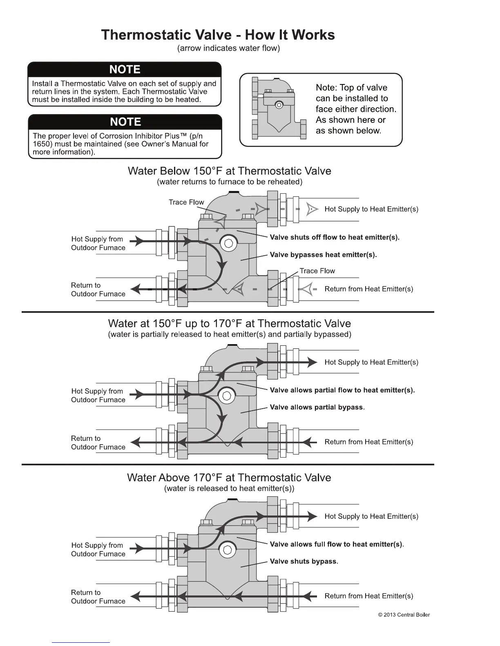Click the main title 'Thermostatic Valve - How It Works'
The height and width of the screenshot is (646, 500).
tap(218, 35)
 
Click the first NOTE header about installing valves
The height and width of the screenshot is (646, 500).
tap(125, 69)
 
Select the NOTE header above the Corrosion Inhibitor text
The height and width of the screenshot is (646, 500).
tap(125, 122)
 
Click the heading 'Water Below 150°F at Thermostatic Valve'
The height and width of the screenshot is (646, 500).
tap(229, 171)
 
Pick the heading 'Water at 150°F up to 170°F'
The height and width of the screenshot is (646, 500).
tap(229, 323)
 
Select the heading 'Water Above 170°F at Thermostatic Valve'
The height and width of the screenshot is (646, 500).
tap(229, 478)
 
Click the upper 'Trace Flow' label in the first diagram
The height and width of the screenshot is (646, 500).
tap(186, 202)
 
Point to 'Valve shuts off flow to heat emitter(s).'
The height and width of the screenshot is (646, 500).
tap(335, 237)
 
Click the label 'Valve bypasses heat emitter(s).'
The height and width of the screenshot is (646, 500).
tap(323, 255)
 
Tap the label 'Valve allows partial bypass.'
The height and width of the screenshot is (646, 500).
tap(317, 407)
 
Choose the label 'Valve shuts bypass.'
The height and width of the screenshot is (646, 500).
tap(304, 562)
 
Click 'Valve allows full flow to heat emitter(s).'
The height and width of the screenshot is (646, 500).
tap(337, 544)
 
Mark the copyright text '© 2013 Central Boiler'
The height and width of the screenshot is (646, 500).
tap(404, 615)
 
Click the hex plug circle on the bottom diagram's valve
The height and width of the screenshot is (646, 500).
tap(228, 550)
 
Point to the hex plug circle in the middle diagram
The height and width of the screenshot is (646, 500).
tap(227, 396)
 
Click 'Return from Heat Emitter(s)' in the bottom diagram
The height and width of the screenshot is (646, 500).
tap(368, 596)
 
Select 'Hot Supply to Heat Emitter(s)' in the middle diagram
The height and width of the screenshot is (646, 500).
tap(371, 362)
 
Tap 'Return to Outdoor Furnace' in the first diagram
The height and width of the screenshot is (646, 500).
tap(98, 290)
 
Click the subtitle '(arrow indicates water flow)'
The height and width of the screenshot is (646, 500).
tap(228, 48)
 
